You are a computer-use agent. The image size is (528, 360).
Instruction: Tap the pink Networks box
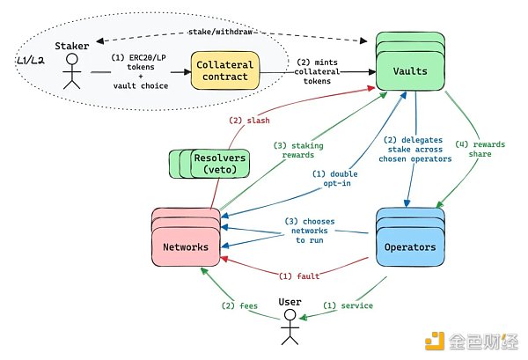pyautogui.click(x=187, y=246)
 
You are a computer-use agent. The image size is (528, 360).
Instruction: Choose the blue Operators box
pyautogui.click(x=411, y=246)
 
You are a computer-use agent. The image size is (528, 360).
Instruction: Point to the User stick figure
pyautogui.click(x=290, y=324)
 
